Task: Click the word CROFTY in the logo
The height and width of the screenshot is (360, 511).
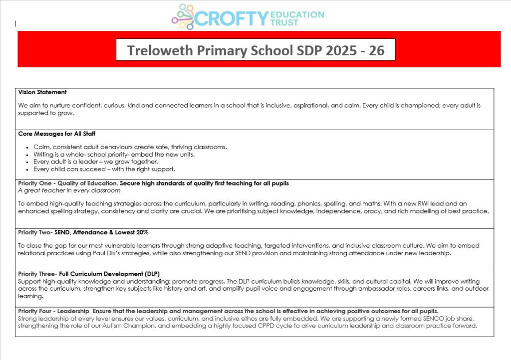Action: tap(232, 18)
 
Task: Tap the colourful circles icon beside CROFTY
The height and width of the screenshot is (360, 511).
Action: tap(183, 17)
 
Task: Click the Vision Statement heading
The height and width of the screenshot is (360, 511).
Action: tap(42, 92)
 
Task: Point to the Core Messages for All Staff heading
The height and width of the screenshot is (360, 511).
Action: tap(57, 134)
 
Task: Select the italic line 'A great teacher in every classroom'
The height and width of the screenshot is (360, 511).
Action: tap(69, 190)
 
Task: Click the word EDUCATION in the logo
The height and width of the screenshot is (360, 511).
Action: tap(297, 14)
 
